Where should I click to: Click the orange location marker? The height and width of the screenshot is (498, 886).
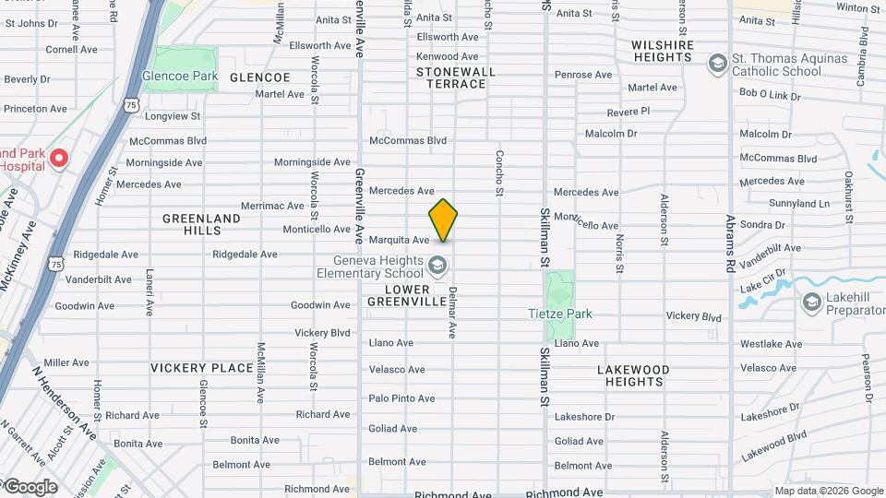(x=443, y=221)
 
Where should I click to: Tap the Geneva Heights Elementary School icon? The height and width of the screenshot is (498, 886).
(x=437, y=267)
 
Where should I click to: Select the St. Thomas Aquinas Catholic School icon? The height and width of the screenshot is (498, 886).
(x=717, y=64)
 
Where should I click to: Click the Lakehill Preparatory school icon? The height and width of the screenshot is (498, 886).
(x=811, y=302)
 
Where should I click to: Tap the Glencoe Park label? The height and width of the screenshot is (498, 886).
(x=179, y=77)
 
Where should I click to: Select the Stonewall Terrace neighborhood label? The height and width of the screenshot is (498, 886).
(x=456, y=77)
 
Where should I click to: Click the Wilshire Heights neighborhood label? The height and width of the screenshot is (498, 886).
(x=663, y=51)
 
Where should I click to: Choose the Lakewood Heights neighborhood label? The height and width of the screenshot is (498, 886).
(x=633, y=375)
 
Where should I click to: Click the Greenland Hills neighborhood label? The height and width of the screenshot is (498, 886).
(x=201, y=224)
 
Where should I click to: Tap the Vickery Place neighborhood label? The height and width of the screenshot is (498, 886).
(x=202, y=368)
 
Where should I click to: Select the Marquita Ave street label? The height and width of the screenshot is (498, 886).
(x=399, y=240)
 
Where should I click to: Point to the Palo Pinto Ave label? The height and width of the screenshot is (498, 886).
(x=401, y=398)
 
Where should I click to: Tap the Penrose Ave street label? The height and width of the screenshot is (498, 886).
(x=583, y=75)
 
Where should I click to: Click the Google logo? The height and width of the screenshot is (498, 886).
(x=30, y=486)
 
